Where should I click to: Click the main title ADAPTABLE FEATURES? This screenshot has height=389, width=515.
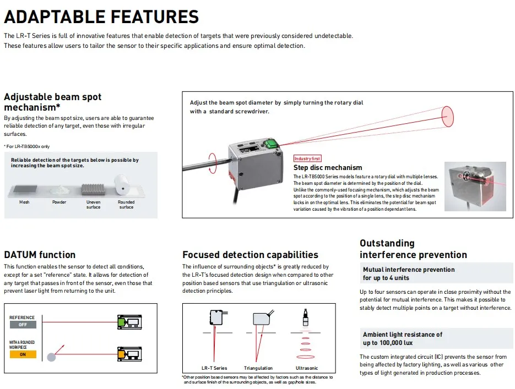click(x=101, y=17)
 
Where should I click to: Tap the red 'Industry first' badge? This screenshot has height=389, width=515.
click(x=307, y=158)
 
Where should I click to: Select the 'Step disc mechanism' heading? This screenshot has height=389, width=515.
click(x=328, y=167)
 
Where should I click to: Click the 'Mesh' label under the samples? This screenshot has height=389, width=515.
click(x=25, y=202)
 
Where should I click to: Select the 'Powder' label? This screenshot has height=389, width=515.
click(x=59, y=202)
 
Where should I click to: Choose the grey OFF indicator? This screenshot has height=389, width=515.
click(x=23, y=325)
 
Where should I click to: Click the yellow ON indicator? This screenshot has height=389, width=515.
click(x=23, y=354)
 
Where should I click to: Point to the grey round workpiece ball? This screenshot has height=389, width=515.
click(x=52, y=357)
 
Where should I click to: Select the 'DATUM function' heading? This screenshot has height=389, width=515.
click(x=40, y=255)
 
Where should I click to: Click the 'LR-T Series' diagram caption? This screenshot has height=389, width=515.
click(x=214, y=368)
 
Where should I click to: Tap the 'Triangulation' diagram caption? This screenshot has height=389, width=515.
click(x=258, y=368)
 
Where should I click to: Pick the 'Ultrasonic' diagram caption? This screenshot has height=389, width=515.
click(x=307, y=368)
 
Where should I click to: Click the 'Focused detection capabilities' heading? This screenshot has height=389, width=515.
click(x=250, y=255)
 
